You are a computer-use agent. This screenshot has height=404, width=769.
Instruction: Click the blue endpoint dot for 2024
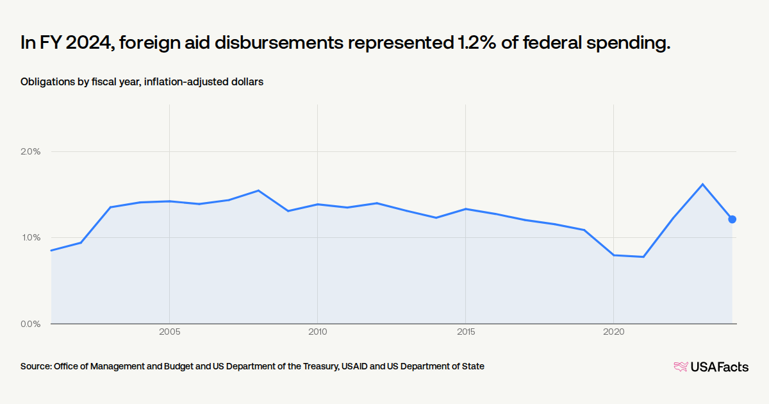732,219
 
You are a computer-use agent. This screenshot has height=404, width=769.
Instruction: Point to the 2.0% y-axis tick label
31,152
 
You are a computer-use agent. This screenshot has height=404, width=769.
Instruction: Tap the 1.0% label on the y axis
31,238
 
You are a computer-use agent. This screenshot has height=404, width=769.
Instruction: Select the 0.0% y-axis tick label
31,324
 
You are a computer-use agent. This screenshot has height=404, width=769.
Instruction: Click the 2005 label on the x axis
169,332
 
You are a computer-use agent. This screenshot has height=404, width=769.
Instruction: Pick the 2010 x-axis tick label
317,332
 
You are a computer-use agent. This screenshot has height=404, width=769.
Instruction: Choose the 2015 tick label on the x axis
466,332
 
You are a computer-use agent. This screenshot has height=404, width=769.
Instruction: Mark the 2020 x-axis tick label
614,332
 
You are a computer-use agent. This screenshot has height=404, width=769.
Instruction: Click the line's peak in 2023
702,184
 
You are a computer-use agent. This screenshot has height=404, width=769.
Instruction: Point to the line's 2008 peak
258,190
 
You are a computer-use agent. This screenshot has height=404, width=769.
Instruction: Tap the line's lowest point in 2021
643,257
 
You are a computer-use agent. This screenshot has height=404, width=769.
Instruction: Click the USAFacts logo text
719,367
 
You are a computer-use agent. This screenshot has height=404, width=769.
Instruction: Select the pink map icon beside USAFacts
680,367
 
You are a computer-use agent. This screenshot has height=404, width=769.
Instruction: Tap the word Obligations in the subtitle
47,82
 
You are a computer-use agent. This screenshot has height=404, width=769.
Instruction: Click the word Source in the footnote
35,366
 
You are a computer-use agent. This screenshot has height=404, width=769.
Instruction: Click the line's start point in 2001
51,250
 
